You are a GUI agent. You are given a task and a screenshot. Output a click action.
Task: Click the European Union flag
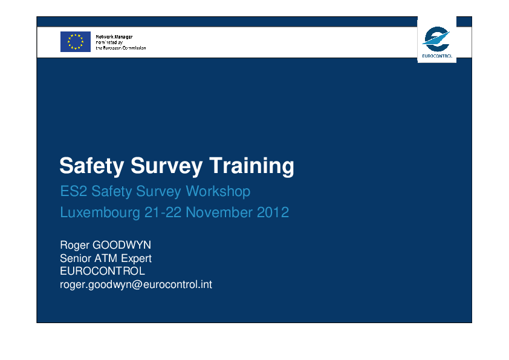tap(76, 42)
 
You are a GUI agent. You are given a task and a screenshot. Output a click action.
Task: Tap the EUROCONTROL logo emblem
tap(436, 39)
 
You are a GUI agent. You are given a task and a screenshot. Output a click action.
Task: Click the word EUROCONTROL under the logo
tap(437, 56)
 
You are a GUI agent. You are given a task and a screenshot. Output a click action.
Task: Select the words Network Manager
tap(114, 37)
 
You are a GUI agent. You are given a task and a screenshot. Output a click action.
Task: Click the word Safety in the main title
tap(91, 166)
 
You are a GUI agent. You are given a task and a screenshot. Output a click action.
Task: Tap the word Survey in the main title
tap(166, 166)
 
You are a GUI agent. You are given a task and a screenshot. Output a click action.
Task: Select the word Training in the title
tap(251, 166)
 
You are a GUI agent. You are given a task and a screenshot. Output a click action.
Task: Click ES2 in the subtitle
tap(73, 191)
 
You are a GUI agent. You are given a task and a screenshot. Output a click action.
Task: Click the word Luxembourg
tap(100, 212)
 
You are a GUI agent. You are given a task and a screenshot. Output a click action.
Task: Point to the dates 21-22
tap(163, 212)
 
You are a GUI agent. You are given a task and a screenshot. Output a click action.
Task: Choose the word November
tap(219, 212)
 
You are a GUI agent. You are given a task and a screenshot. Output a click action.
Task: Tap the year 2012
tap(273, 212)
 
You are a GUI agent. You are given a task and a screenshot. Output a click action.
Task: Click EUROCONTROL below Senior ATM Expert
tap(102, 271)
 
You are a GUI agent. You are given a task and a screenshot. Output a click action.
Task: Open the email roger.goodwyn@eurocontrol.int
tap(135, 284)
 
